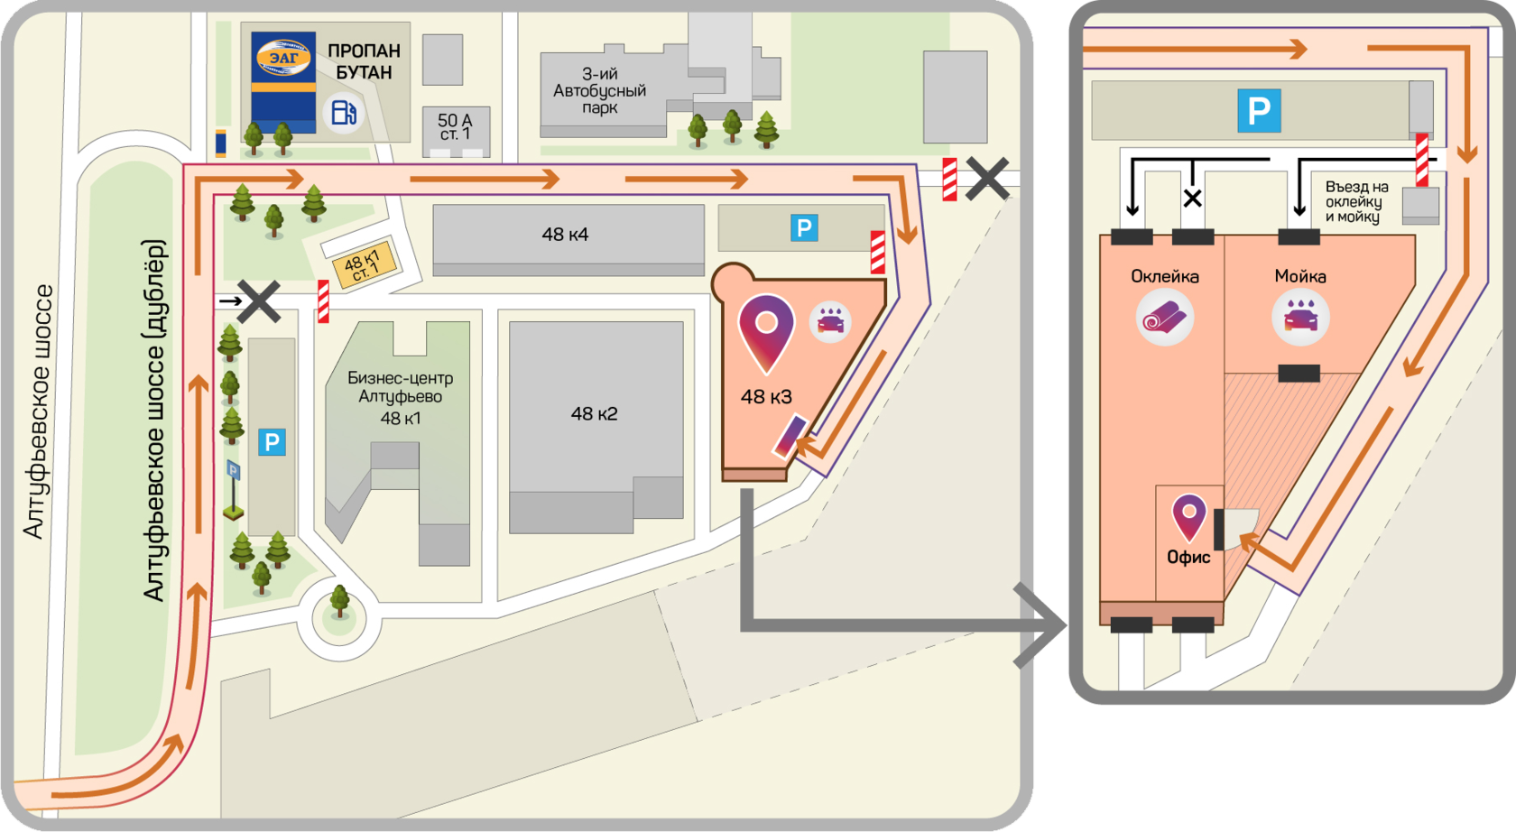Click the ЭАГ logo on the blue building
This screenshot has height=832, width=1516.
coord(283,59)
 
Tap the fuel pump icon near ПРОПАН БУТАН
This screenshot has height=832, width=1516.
coord(343,113)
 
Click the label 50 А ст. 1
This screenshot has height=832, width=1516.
coord(455,126)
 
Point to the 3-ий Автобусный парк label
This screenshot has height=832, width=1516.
coord(599,91)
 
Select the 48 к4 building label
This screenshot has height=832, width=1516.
coord(565,235)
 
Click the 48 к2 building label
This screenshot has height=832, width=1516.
coord(594,414)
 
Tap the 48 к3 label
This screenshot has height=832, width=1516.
coord(766,396)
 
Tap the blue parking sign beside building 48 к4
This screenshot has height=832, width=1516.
coord(803,228)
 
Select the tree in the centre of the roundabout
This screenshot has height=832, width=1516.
coord(340,600)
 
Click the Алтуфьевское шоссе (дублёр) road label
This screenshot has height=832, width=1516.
coord(155,421)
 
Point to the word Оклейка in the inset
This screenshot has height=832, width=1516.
coord(1164,276)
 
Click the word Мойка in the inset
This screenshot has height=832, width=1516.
coord(1299,276)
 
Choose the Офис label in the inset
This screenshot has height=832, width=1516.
coord(1188,557)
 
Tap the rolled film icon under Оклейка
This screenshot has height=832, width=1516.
coord(1164,318)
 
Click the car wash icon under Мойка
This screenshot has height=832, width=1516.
coord(1299,319)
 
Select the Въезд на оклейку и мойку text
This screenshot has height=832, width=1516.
coord(1356,201)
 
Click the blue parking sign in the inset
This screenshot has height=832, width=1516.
coord(1259,111)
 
